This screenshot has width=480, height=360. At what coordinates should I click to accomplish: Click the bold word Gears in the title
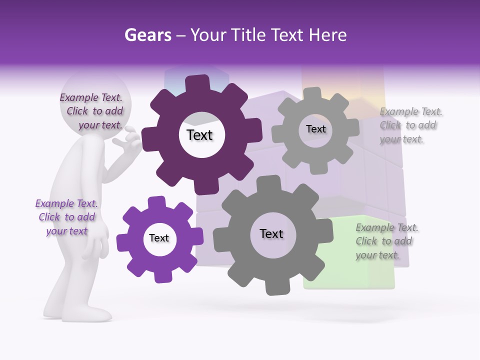click(147, 35)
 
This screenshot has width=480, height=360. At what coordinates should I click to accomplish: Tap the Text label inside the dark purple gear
click(199, 135)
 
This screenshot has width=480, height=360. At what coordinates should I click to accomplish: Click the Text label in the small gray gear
click(315, 129)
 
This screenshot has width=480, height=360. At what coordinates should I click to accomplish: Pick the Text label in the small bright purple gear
click(159, 238)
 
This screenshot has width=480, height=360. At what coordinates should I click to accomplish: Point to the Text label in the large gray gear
click(271, 233)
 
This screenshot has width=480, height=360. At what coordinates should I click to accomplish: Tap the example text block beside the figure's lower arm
click(66, 217)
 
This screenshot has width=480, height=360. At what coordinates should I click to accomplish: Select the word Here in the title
click(327, 35)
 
